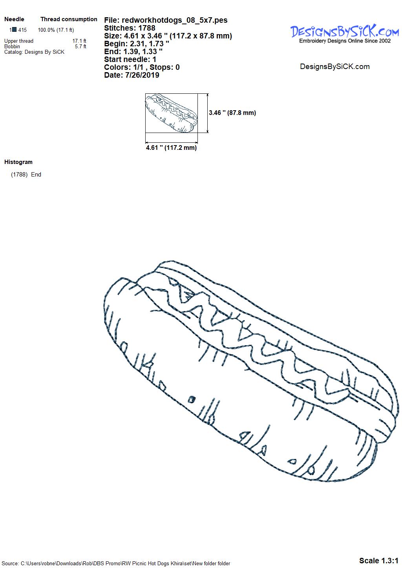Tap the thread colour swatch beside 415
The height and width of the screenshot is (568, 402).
(x=15, y=30)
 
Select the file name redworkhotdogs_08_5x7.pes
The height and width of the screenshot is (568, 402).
(x=175, y=20)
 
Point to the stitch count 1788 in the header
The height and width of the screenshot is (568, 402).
(x=147, y=28)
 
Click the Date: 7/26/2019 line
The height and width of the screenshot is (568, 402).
(x=132, y=75)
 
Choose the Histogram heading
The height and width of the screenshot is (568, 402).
(x=18, y=162)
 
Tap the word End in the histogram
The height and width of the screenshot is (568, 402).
(x=36, y=175)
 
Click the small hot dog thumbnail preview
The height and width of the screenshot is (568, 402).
(x=171, y=113)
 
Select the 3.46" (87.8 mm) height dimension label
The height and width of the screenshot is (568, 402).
(x=232, y=113)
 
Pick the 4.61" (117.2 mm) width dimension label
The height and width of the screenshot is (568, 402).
(x=171, y=147)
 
